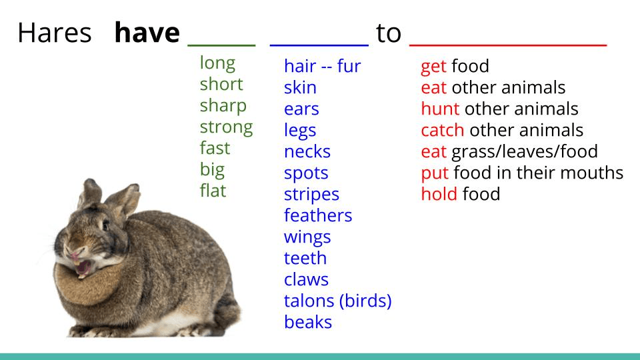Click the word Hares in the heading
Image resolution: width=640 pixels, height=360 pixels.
(x=54, y=33)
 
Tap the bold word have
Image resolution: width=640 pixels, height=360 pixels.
(x=147, y=32)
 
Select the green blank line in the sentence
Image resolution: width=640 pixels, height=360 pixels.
(x=221, y=45)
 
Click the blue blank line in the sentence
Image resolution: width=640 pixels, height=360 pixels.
(x=319, y=45)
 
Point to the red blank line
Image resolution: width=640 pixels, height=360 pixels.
(x=508, y=45)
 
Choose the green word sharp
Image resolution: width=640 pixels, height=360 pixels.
(x=223, y=106)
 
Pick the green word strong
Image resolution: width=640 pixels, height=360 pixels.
(x=226, y=127)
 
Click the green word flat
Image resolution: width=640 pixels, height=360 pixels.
(x=213, y=190)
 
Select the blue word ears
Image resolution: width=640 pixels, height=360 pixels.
(x=301, y=109)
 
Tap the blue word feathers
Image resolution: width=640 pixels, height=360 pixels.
(x=318, y=215)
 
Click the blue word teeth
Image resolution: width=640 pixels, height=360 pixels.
(x=305, y=258)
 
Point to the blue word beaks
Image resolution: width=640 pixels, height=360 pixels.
(x=308, y=321)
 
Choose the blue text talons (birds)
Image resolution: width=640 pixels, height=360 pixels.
(x=337, y=301)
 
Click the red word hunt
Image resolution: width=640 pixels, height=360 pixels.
(x=440, y=109)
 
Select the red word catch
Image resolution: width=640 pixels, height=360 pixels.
(x=443, y=130)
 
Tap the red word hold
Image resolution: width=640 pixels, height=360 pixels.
(x=439, y=194)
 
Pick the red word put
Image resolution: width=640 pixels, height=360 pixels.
(x=435, y=173)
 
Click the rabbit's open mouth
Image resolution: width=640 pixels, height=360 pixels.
(x=83, y=268)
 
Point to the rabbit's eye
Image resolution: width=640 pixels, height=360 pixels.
(x=106, y=225)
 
